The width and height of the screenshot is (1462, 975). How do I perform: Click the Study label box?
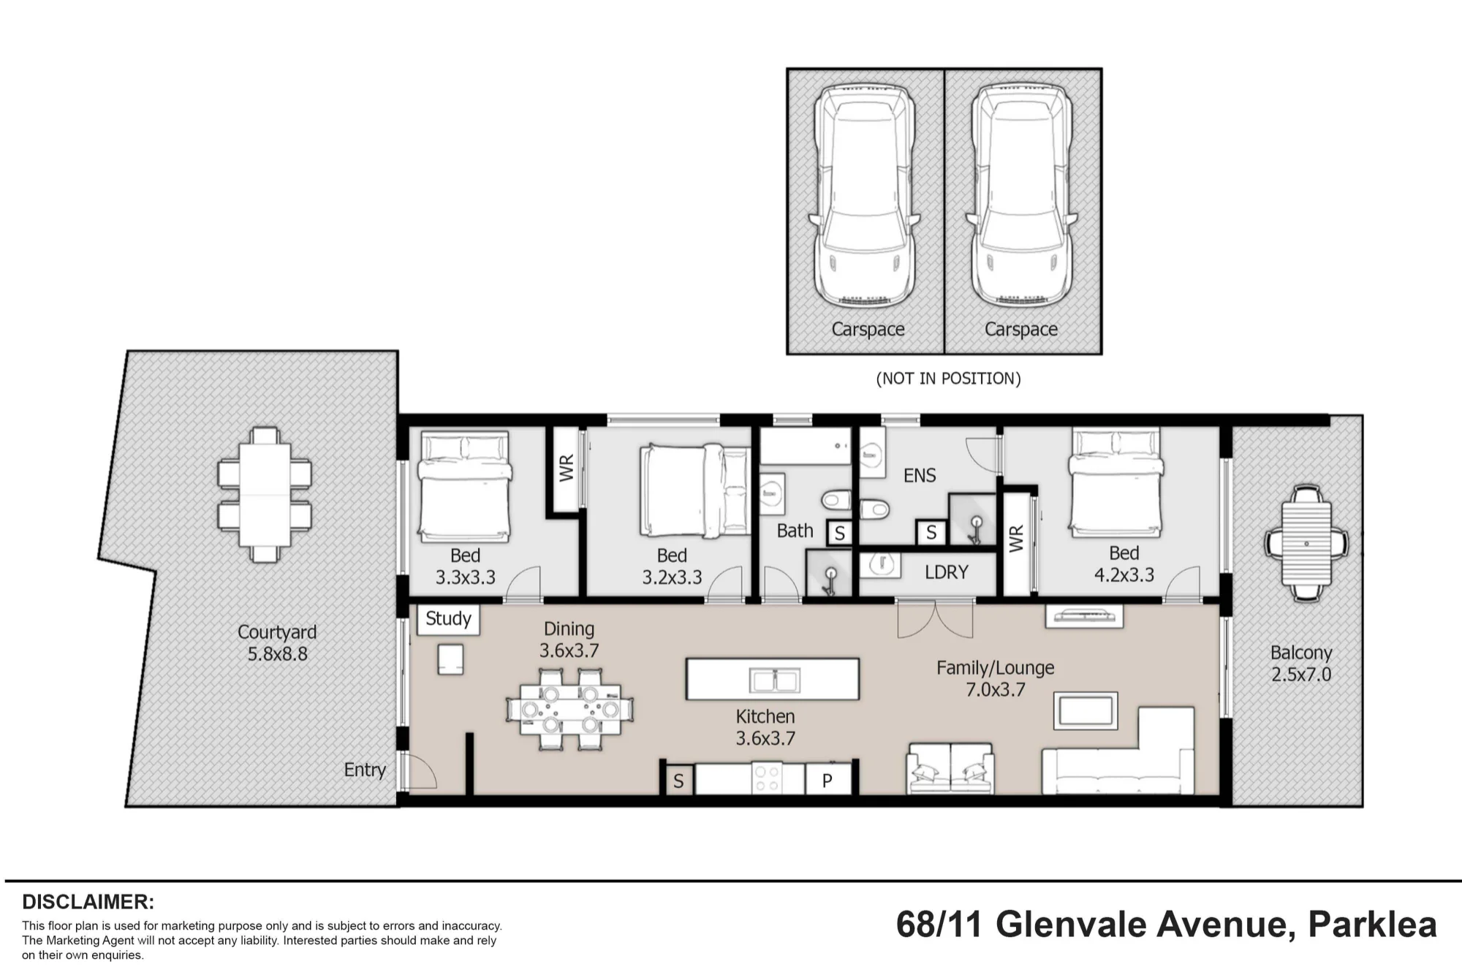[448, 619]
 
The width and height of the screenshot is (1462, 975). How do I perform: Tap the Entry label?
[365, 770]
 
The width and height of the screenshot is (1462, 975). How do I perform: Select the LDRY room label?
[947, 572]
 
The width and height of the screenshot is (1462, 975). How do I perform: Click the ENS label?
[920, 476]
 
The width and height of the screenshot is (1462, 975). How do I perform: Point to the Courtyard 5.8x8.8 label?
[277, 643]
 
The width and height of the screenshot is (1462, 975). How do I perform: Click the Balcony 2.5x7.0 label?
[1301, 664]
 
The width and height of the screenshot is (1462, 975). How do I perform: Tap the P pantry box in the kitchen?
[827, 780]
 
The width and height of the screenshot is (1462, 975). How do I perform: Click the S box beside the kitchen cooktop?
[678, 780]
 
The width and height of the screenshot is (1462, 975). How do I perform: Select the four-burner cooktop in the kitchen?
[767, 778]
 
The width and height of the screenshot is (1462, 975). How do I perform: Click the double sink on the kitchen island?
[775, 680]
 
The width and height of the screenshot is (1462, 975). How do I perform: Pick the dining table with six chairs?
[569, 709]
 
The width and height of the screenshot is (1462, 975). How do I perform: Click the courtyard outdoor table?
[264, 495]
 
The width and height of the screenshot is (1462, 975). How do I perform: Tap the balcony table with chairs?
[1306, 543]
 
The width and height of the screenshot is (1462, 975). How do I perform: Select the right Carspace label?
[1021, 330]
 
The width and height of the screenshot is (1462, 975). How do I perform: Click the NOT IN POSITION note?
[948, 379]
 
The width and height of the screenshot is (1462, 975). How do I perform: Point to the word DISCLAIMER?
[88, 902]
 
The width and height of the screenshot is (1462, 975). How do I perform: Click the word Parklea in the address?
[1372, 925]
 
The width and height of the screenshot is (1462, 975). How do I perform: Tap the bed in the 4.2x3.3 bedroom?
[1116, 482]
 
